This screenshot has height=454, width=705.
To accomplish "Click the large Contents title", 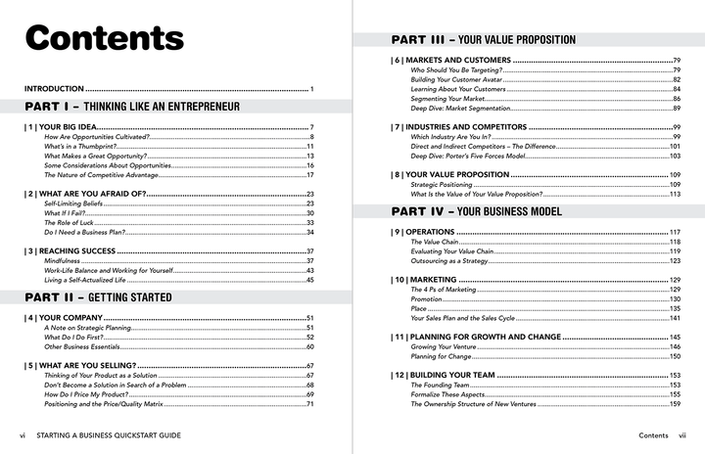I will (105, 38).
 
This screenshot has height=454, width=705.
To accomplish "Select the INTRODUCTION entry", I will (53, 90).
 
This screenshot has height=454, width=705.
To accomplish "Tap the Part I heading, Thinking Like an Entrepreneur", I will (132, 106).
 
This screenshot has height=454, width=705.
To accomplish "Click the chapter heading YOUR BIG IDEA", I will (65, 128).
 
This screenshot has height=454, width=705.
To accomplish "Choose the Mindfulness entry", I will (65, 261).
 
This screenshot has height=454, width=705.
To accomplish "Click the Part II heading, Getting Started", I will (98, 296).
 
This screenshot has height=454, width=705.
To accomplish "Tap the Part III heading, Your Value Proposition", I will (483, 40).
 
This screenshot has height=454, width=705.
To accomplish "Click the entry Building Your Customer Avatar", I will (464, 80).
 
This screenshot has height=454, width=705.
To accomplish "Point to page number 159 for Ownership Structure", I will (675, 404).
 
